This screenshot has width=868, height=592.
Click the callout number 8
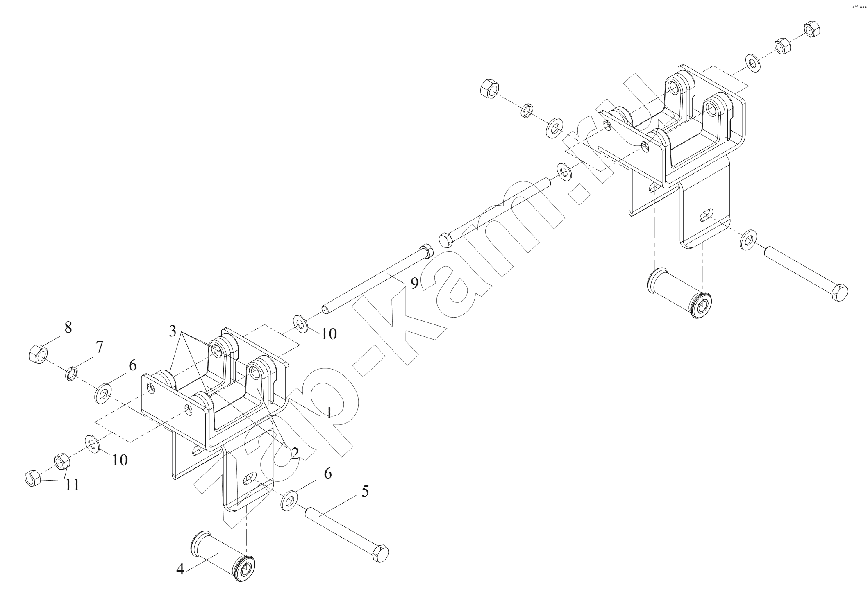[x=68, y=327]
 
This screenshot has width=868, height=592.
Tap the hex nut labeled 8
[x=38, y=354]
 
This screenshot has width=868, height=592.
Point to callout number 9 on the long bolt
[x=414, y=283]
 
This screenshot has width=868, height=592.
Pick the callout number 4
[x=180, y=569]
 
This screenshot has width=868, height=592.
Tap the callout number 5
[x=365, y=491]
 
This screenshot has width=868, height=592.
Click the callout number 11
[x=72, y=485]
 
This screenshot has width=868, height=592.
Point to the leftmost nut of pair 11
[x=32, y=479]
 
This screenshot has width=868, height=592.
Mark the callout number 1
[x=329, y=413]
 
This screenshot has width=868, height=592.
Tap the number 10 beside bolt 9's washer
[x=329, y=334]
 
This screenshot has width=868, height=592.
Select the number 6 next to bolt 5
[x=327, y=474]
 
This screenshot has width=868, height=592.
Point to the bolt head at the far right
[x=838, y=292]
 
